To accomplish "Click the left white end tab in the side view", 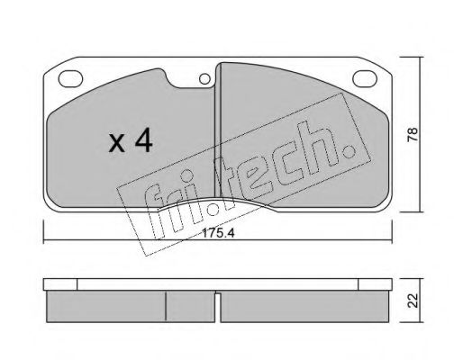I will coord(60,285).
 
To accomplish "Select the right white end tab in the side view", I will coord(376,285).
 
